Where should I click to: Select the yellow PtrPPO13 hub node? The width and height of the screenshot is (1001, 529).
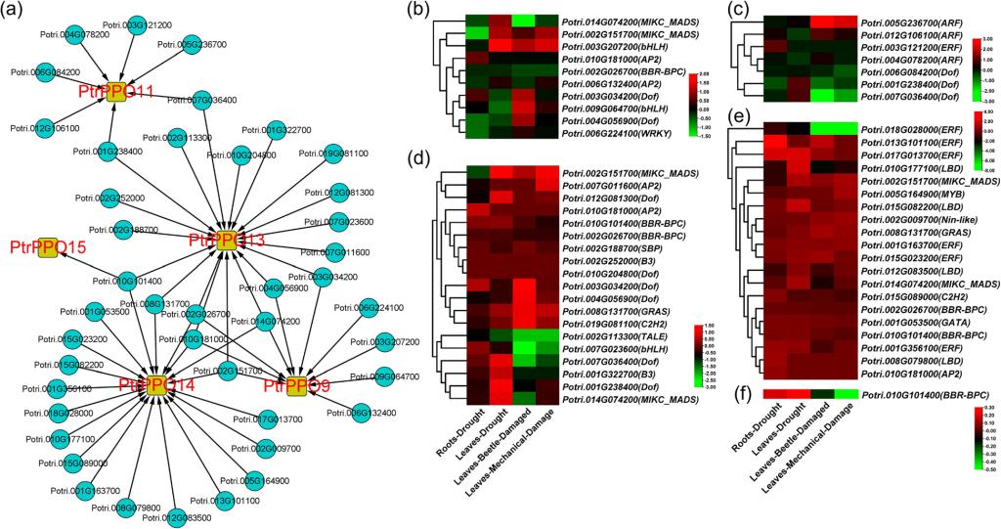coord(226,240)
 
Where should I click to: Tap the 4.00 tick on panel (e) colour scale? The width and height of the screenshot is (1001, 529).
coord(988,123)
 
